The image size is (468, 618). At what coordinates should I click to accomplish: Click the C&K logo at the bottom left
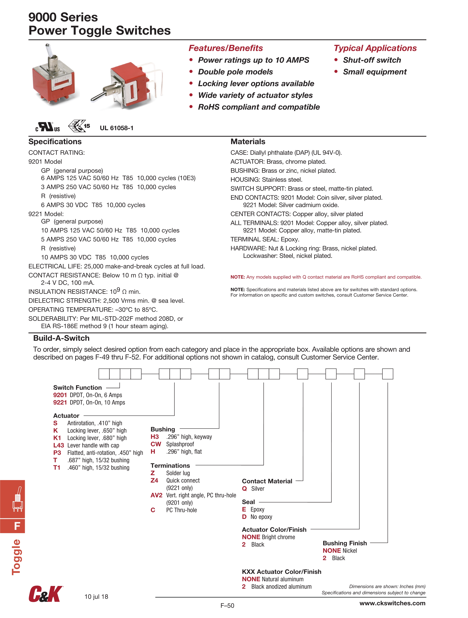[46, 594]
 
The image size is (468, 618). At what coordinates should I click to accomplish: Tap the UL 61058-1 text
[117, 128]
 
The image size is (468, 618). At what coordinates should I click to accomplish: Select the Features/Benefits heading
[226, 48]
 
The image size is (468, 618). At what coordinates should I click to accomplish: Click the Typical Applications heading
[375, 48]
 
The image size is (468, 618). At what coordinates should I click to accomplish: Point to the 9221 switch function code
[60, 402]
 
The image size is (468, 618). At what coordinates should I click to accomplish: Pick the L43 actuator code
[59, 445]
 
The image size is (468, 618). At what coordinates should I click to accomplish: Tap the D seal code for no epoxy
[244, 517]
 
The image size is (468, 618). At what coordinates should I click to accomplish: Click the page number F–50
[227, 606]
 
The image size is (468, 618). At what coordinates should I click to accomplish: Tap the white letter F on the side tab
[17, 526]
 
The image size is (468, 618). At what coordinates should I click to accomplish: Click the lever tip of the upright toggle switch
[47, 45]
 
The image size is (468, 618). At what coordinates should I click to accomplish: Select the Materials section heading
[248, 142]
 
